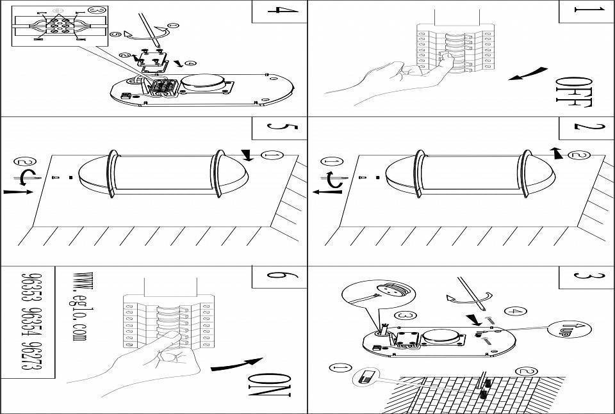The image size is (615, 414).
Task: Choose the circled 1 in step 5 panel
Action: pyautogui.click(x=272, y=156)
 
